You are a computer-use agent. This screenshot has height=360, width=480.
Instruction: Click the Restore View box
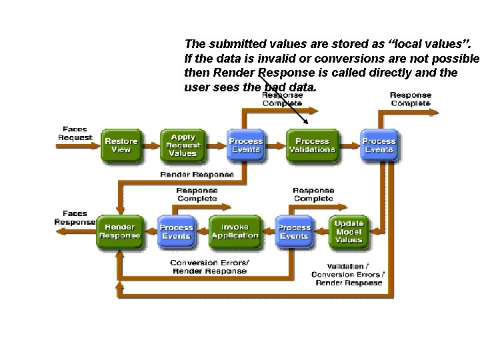(121, 145)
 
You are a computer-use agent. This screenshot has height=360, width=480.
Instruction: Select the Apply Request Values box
(183, 145)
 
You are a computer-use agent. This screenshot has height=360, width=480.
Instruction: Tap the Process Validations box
(312, 145)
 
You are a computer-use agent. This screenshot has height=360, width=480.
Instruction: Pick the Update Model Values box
(349, 231)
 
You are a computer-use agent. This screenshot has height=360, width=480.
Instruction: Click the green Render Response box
(120, 231)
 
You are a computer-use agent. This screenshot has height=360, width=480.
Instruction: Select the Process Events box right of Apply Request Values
(246, 145)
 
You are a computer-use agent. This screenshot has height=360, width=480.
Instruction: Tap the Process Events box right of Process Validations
(379, 145)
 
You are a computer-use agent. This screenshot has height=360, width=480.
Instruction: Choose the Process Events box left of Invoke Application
(176, 231)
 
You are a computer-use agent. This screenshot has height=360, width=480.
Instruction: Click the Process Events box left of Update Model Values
(294, 231)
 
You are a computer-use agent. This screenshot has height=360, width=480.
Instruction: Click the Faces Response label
(75, 218)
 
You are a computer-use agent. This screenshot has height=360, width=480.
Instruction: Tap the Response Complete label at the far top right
(410, 99)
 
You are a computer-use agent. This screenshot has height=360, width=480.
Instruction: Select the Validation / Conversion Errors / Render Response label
(347, 273)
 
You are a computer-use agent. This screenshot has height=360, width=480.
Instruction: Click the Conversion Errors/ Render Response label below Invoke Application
(210, 266)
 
